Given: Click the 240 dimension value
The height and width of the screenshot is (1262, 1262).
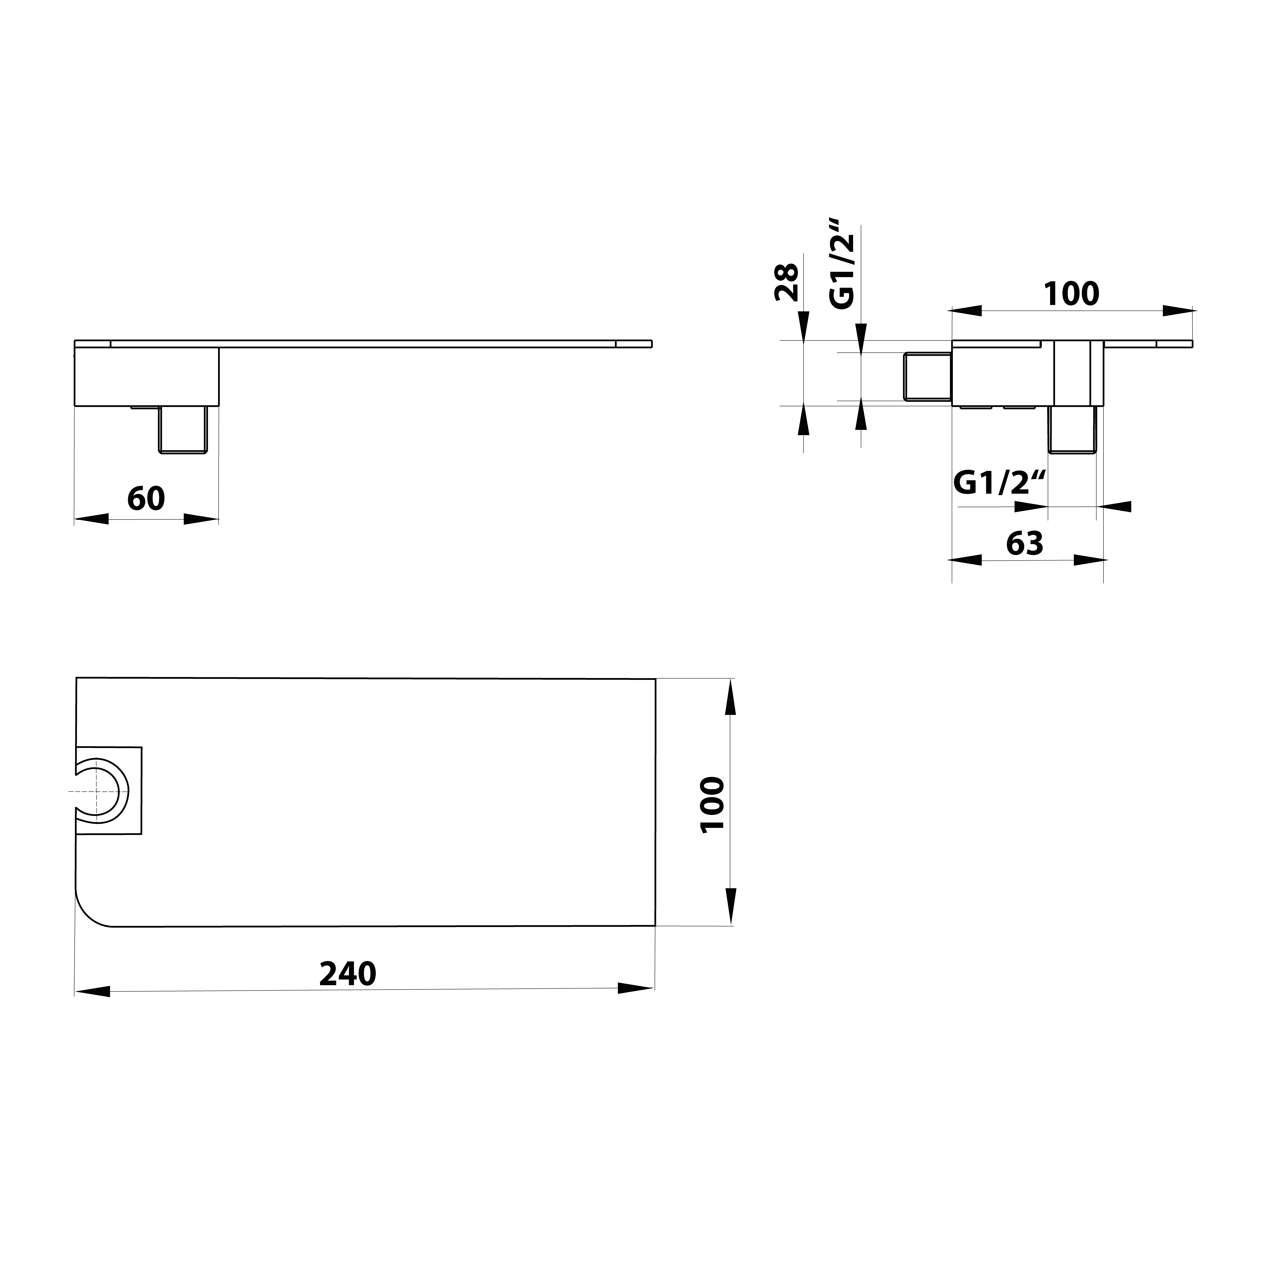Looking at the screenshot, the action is [x=348, y=992].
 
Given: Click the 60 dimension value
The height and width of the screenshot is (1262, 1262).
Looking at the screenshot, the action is [x=146, y=499].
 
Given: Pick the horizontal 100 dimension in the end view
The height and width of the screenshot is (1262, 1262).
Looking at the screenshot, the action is [x=1071, y=294].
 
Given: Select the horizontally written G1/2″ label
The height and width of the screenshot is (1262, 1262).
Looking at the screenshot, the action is [x=1000, y=484].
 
